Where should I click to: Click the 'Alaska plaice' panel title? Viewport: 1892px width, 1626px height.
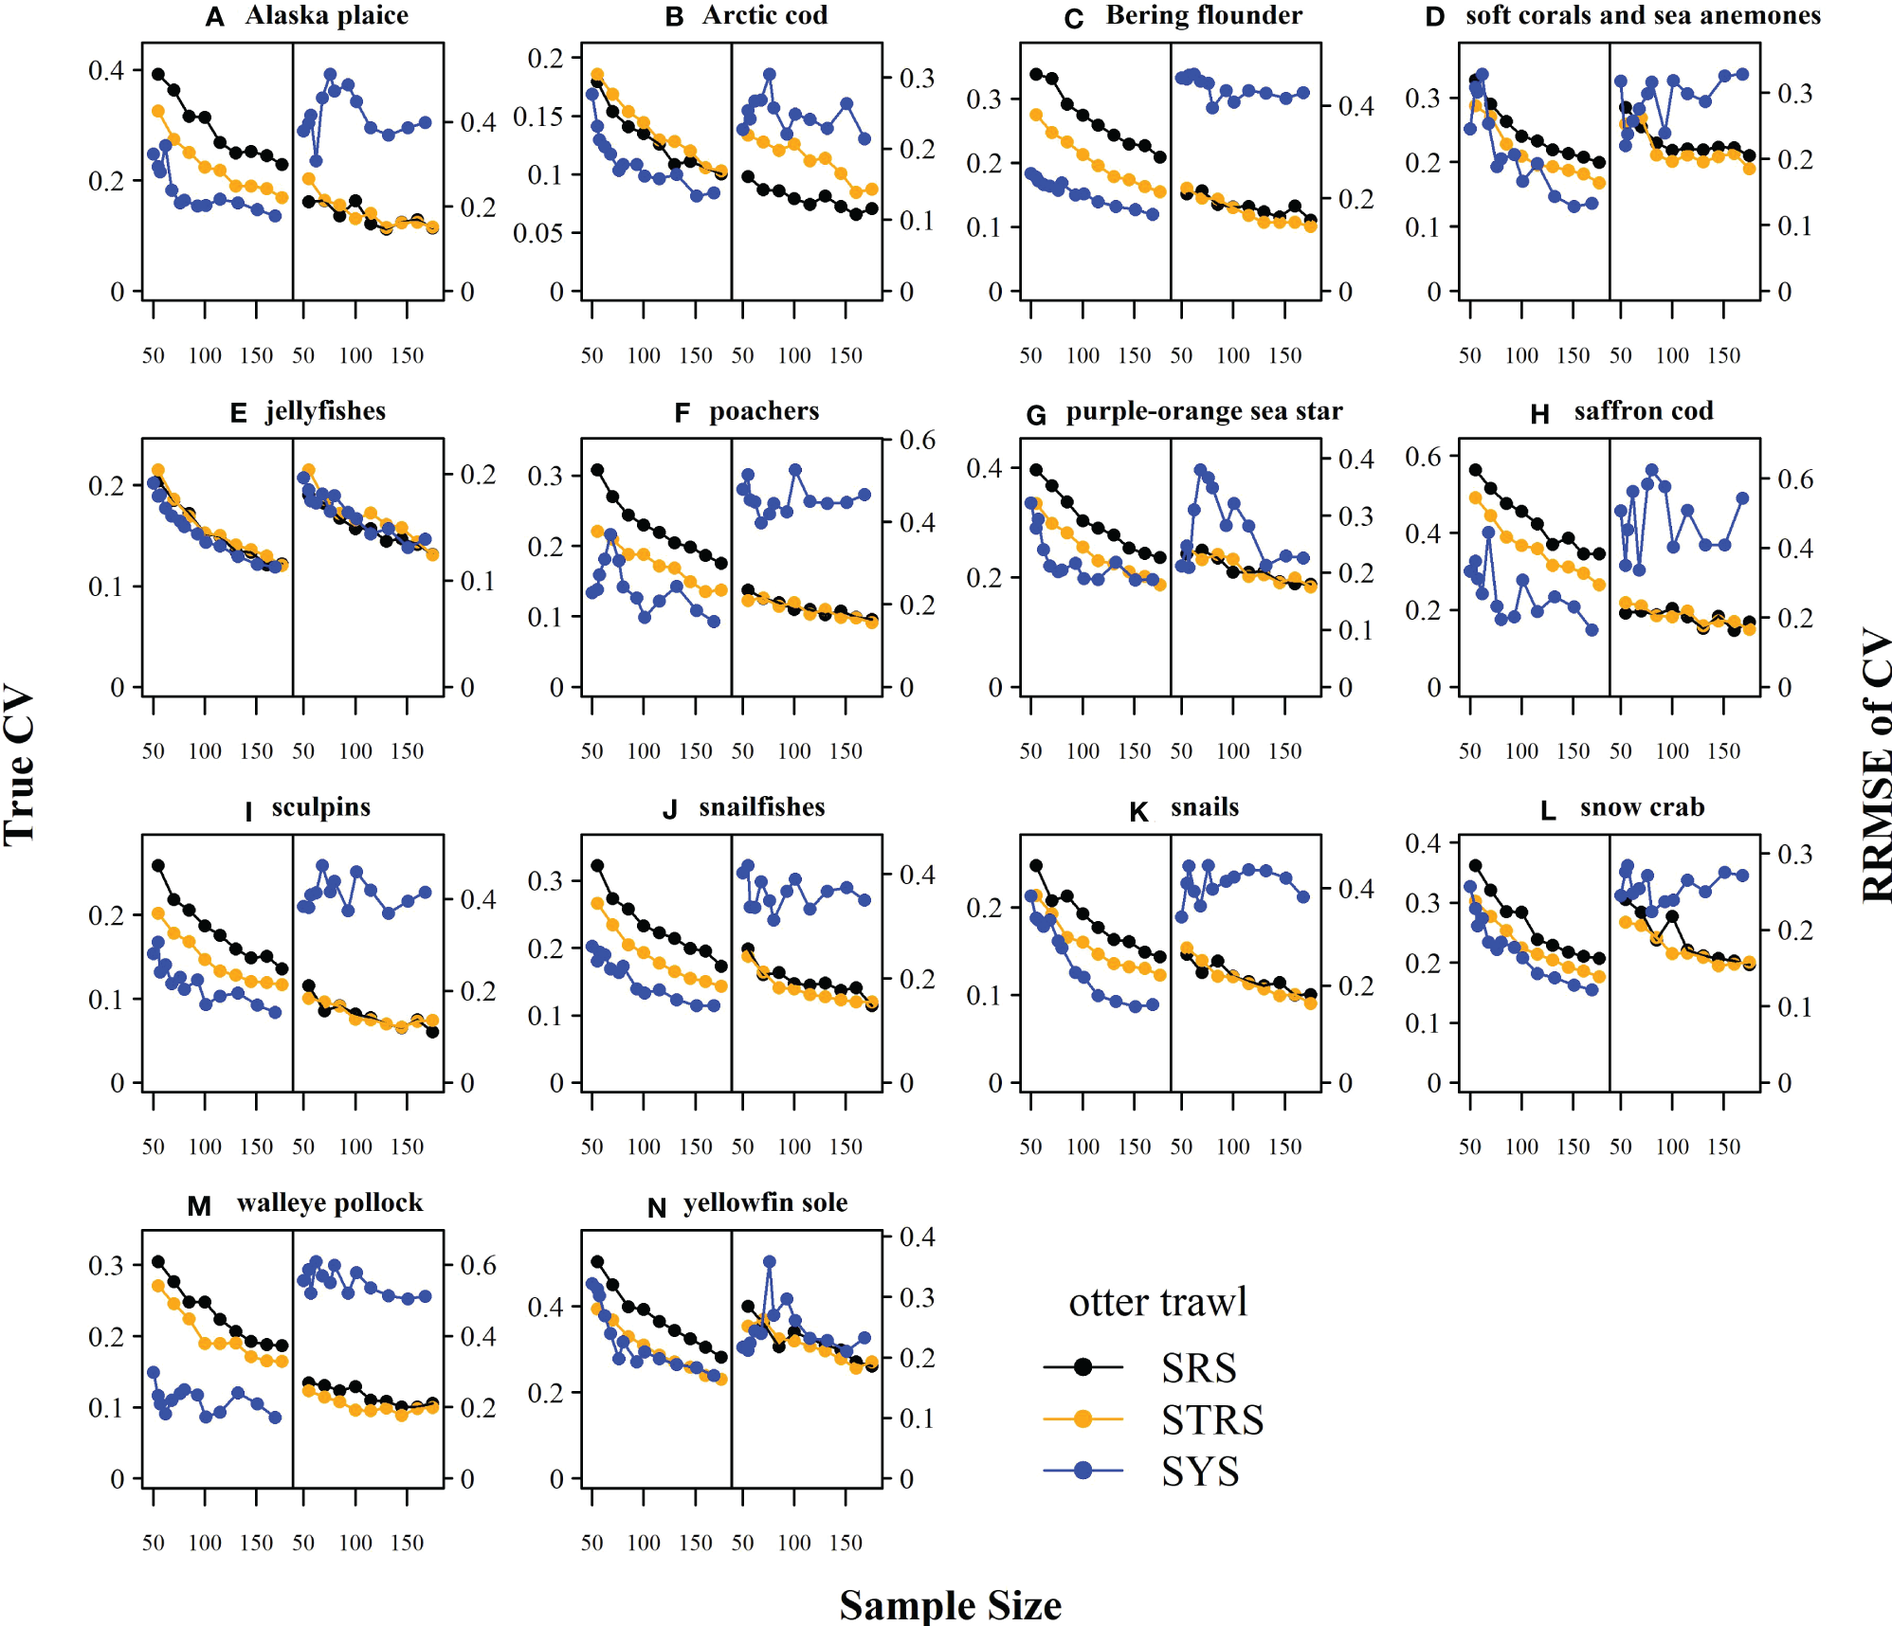pos(327,16)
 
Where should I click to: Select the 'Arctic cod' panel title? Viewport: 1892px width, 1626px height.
pos(765,16)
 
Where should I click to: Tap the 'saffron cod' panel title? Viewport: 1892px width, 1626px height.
pos(1644,411)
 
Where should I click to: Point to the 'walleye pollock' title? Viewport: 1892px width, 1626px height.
pos(330,1203)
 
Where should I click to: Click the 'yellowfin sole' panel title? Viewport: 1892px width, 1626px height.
pos(766,1203)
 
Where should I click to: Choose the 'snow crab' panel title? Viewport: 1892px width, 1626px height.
pos(1642,807)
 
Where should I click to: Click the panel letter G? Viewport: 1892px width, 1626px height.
pos(1036,415)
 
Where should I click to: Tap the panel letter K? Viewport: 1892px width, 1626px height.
pos(1138,811)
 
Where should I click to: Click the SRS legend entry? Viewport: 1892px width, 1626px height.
pos(1199,1367)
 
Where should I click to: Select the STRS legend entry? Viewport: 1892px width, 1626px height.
pos(1212,1419)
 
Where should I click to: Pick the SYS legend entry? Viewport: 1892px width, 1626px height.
pos(1200,1472)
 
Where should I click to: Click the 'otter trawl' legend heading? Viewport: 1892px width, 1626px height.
pos(1157,1303)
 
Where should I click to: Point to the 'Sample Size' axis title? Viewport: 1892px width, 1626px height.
pos(950,1605)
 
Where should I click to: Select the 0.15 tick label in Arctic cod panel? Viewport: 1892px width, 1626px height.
pos(538,117)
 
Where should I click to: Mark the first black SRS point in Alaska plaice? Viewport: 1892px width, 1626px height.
pos(158,75)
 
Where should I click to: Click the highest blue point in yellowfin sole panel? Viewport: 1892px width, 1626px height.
pos(770,1262)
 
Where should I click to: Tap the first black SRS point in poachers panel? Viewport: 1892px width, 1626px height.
pos(597,470)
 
